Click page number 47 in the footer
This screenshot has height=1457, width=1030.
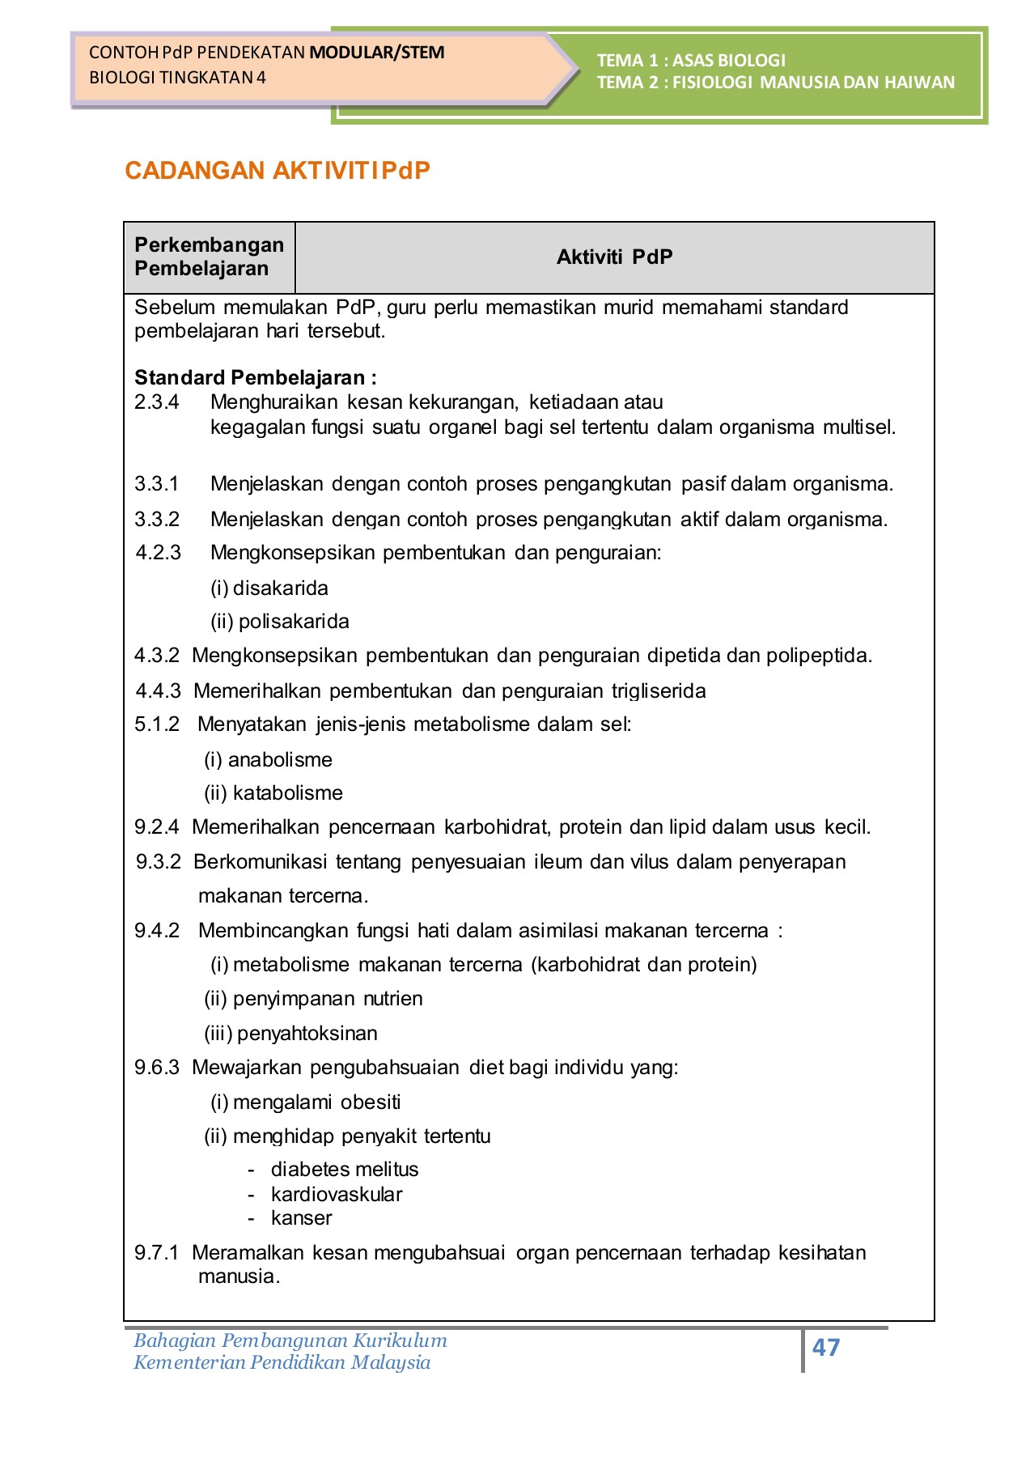(825, 1347)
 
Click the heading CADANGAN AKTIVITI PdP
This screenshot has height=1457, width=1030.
(278, 171)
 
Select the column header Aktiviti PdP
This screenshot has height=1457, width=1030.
(614, 257)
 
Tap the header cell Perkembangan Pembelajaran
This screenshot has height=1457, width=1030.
(209, 257)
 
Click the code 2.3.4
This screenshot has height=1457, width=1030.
(156, 402)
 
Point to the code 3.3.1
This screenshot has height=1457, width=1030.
(156, 484)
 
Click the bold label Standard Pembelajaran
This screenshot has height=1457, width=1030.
(255, 378)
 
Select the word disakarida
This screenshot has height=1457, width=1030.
(281, 588)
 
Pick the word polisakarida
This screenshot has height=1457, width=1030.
(294, 622)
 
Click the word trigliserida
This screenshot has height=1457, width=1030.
(659, 691)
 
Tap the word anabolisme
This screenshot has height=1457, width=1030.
(280, 760)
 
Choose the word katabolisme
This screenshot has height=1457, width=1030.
(287, 793)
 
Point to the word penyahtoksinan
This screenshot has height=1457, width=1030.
(307, 1034)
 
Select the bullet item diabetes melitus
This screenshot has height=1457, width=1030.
(345, 1170)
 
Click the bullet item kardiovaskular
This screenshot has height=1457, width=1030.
(337, 1195)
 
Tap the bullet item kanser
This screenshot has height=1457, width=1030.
(302, 1218)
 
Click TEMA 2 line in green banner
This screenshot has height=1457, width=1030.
(775, 83)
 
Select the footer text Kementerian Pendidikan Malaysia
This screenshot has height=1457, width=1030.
(282, 1363)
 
